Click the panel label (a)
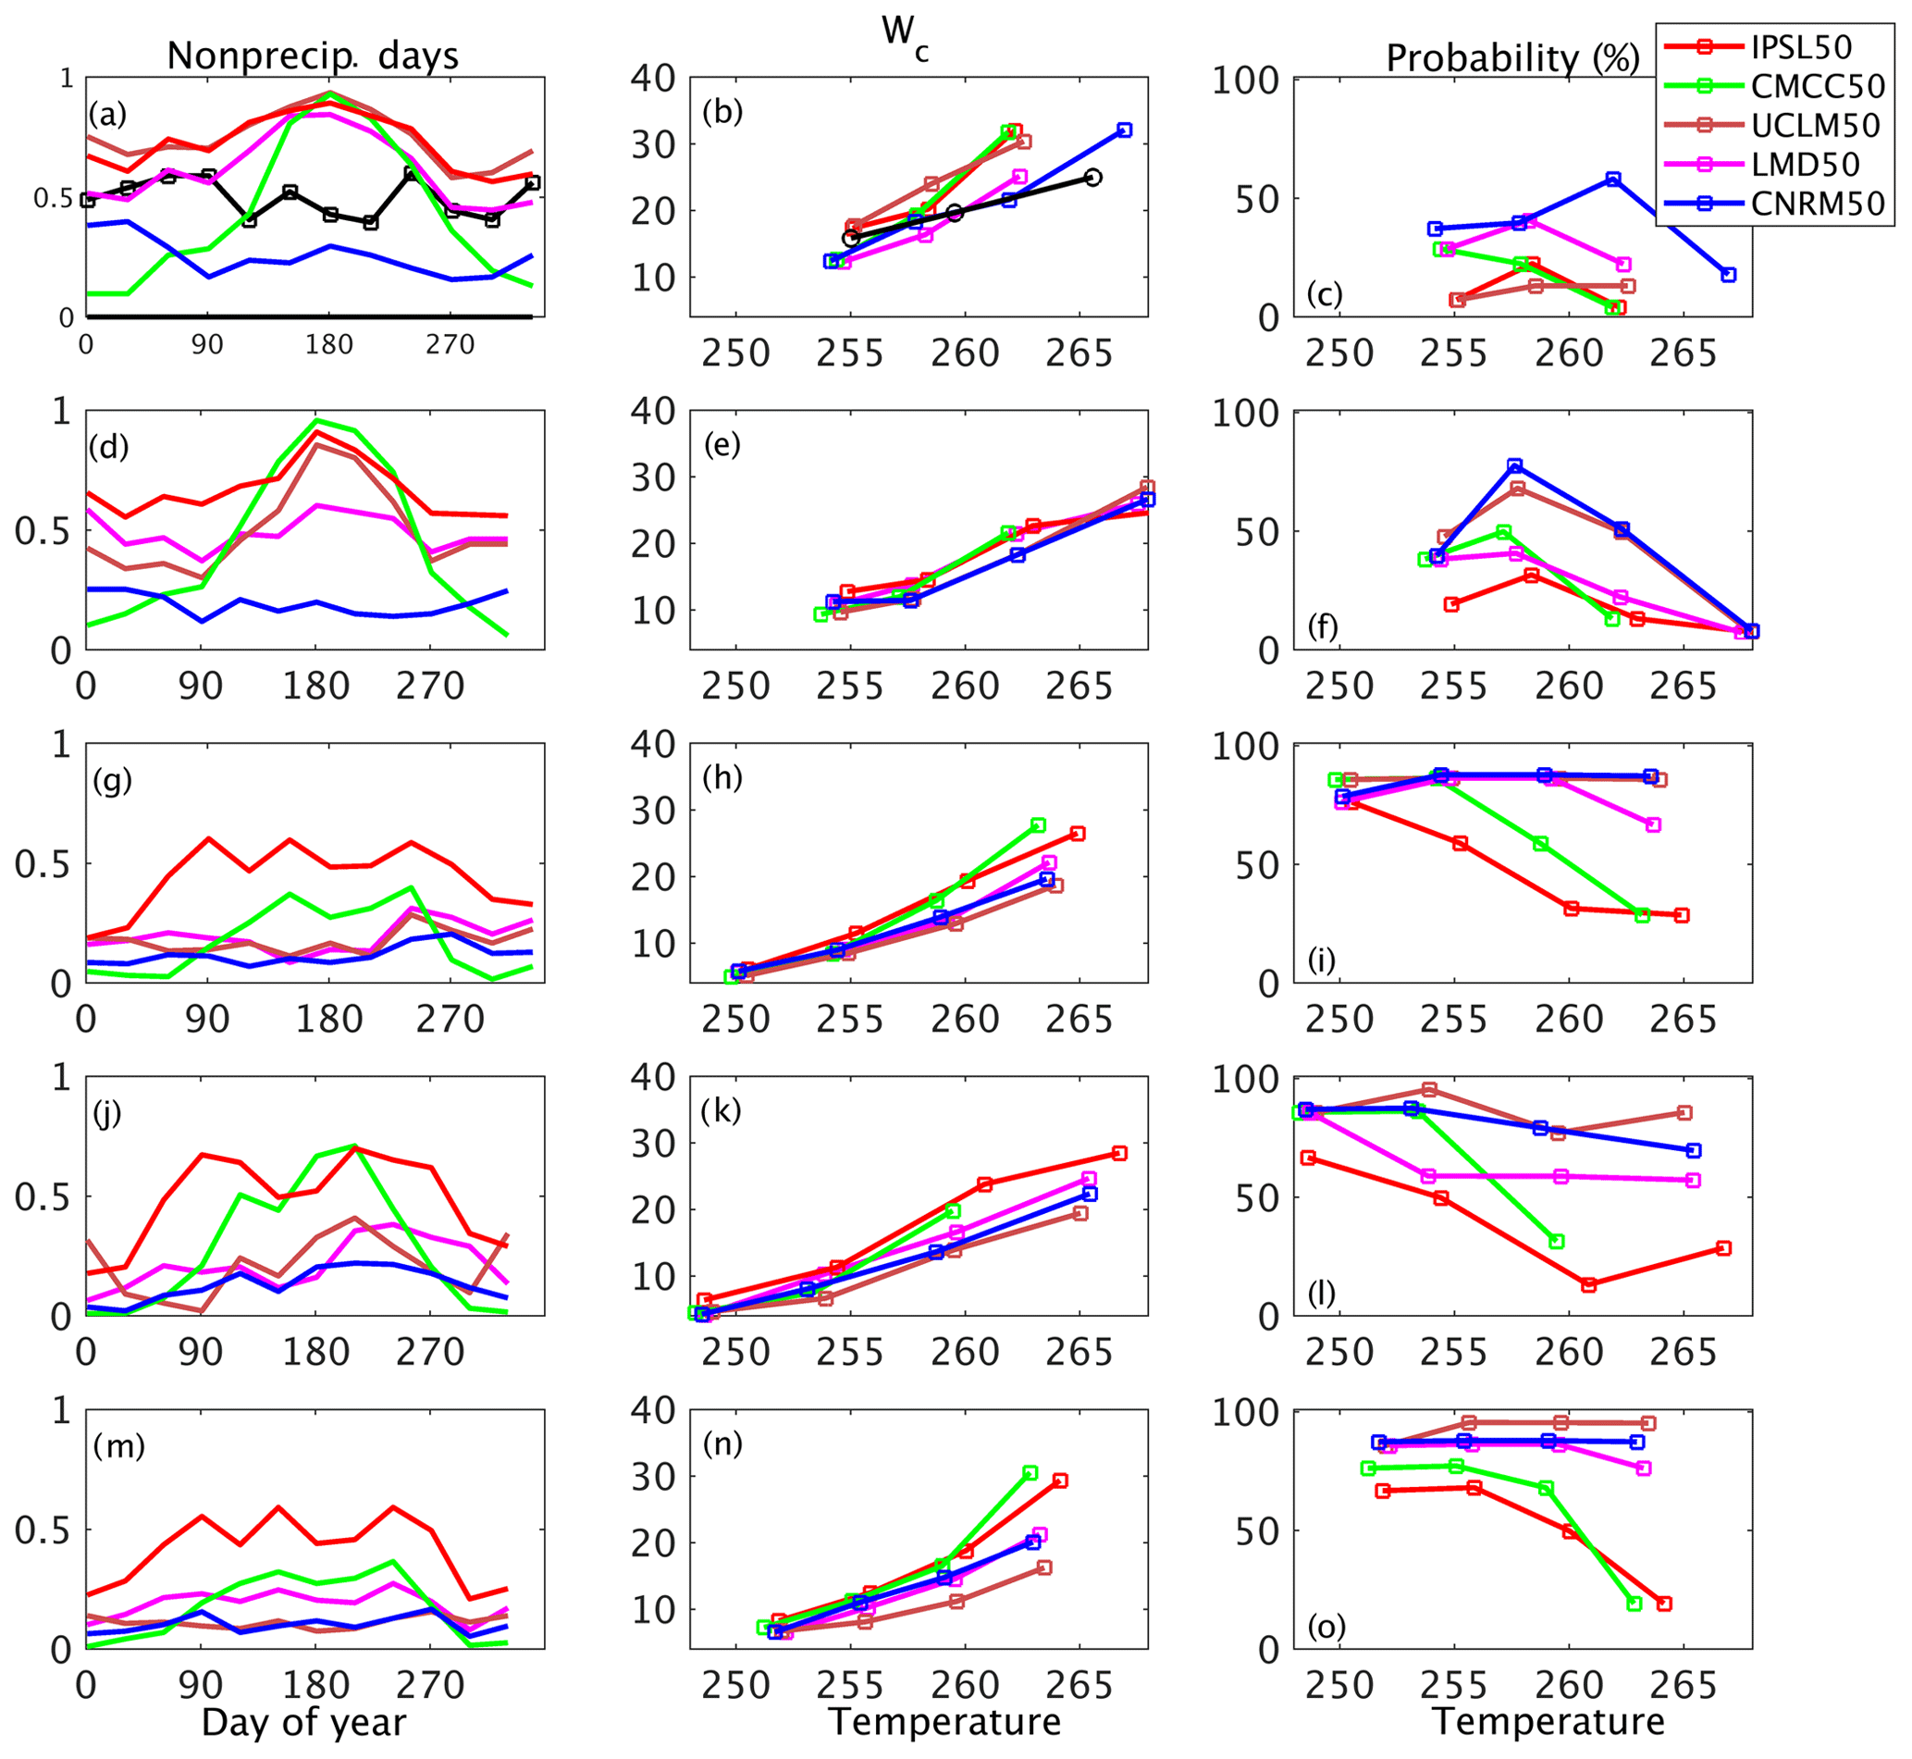[x=106, y=115]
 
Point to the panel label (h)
[x=722, y=777]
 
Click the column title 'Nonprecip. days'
[x=312, y=56]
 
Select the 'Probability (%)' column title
[x=1512, y=59]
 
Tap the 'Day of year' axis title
[x=303, y=1722]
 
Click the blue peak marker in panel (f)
[x=1514, y=465]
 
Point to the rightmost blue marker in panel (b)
[x=1124, y=130]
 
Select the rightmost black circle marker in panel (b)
[x=1093, y=177]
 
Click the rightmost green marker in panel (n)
[x=1030, y=1472]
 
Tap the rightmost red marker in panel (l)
[x=1722, y=1248]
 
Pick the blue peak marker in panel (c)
[x=1612, y=179]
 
